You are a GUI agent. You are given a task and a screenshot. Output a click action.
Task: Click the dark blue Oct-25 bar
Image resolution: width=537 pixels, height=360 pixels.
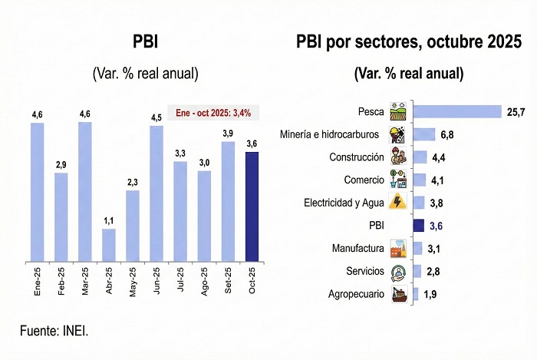[252, 206]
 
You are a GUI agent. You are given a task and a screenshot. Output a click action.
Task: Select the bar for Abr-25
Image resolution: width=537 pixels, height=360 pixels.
[109, 244]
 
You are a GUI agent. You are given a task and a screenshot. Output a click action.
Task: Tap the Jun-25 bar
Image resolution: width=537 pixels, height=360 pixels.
[156, 192]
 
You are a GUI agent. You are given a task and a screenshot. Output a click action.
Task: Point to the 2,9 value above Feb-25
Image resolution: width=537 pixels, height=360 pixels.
[61, 165]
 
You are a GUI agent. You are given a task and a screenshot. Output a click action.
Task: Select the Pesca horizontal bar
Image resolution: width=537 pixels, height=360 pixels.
[457, 112]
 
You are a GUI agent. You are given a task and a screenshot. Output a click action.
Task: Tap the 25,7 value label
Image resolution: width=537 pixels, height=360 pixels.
[516, 112]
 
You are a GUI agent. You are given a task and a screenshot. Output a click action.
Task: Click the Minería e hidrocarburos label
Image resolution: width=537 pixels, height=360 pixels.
[330, 134]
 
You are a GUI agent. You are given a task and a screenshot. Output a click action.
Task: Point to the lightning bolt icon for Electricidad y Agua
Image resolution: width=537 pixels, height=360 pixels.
[398, 203]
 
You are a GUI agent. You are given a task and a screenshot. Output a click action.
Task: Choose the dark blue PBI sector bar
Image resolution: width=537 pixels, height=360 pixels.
[419, 226]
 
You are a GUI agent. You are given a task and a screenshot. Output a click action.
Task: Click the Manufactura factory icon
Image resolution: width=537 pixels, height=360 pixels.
[398, 249]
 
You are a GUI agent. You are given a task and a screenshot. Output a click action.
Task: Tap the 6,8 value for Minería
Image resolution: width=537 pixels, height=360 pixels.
[448, 135]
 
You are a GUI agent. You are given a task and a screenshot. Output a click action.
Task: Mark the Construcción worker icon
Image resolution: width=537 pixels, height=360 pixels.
[398, 157]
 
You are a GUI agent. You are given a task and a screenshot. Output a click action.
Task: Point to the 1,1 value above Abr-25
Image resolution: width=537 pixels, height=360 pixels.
[109, 221]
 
